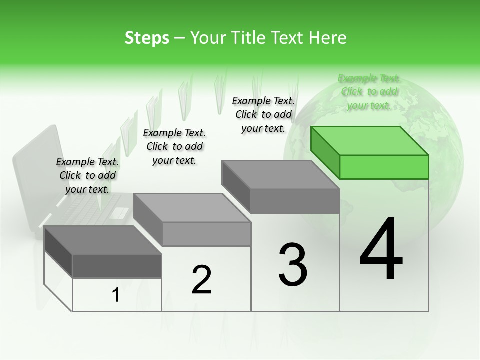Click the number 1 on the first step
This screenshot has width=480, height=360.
point(116,295)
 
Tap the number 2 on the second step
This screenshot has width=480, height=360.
point(201,279)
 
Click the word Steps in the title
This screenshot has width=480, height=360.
point(147,38)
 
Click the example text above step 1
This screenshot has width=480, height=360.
point(87,175)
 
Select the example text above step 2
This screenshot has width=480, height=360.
point(174,146)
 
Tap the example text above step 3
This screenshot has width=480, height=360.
point(263,114)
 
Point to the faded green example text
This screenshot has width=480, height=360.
point(369,91)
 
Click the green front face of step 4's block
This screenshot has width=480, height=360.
point(384,167)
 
